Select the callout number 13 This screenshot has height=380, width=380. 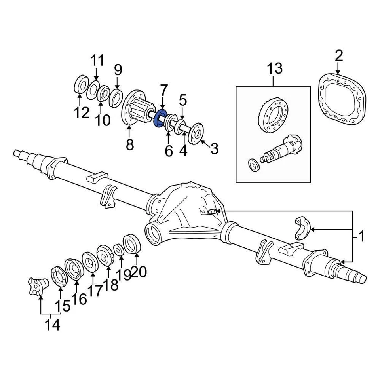(x=274, y=68)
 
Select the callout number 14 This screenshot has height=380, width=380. (x=52, y=325)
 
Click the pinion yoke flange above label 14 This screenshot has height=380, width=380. (x=38, y=285)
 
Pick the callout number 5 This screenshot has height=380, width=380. (x=182, y=101)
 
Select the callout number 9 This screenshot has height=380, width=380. (x=118, y=70)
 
